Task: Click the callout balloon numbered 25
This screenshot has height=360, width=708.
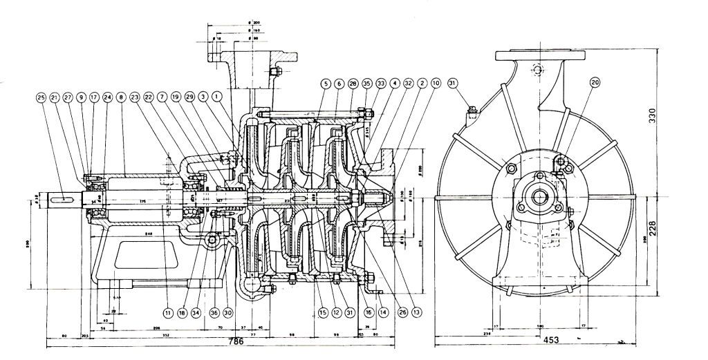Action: [41, 97]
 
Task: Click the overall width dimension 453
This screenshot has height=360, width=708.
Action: [550, 341]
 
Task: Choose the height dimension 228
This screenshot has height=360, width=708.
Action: [669, 229]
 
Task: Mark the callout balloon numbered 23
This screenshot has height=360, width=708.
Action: [136, 97]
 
